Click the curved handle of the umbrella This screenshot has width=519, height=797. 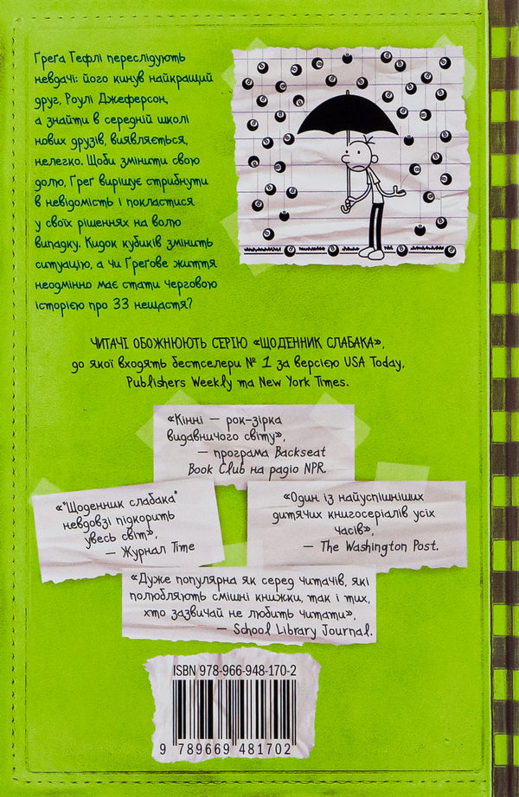[346, 204]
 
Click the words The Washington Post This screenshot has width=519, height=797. [379, 546]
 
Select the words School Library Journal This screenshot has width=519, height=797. [304, 630]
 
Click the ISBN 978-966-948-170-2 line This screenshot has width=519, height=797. [234, 671]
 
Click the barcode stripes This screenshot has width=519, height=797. [234, 711]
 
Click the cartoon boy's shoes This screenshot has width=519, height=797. [372, 252]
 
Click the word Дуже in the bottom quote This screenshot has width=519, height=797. [146, 580]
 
